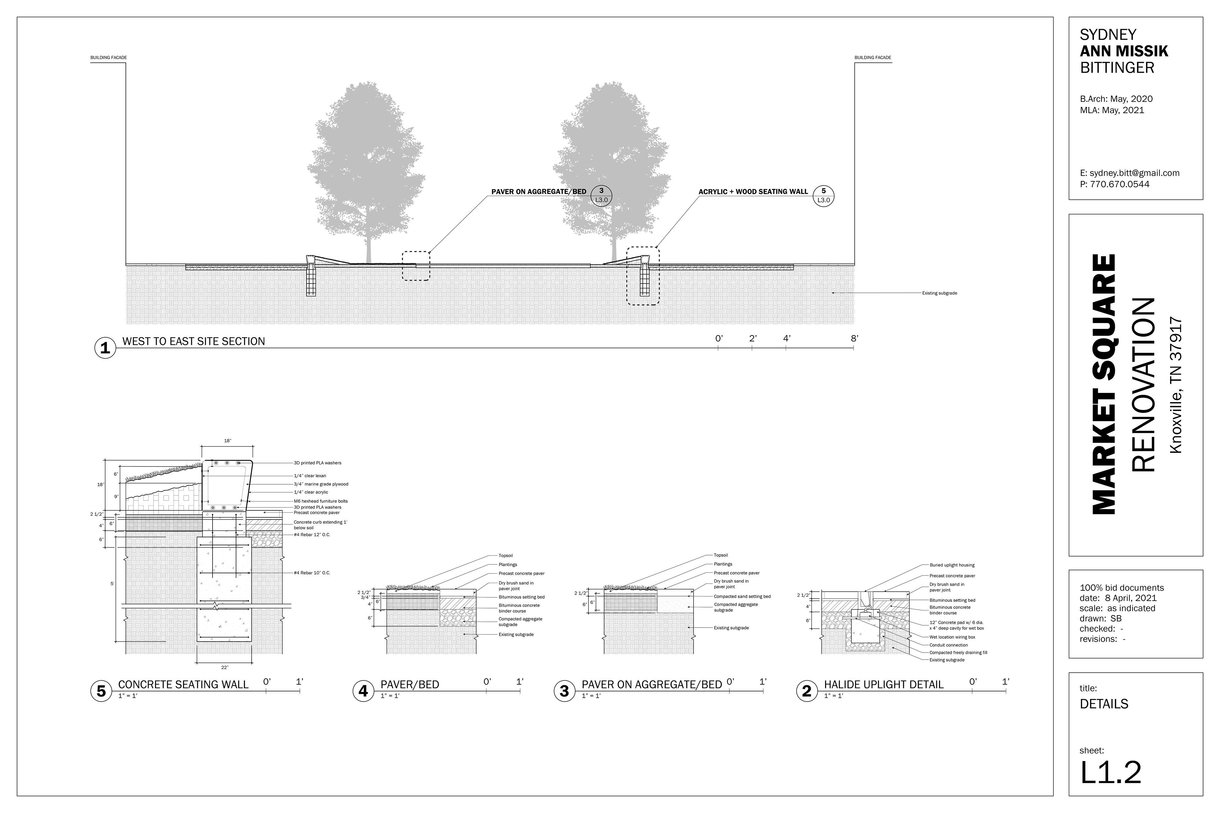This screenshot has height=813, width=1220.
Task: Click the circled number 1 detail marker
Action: coord(105,348)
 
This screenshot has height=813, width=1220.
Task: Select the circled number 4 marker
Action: coord(363,691)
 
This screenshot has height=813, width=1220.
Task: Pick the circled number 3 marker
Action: coord(564,691)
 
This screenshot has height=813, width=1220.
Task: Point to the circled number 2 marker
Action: coord(807,691)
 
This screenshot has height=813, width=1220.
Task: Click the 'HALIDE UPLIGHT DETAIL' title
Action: coord(883,684)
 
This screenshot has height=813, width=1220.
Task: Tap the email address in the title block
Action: coord(1129,173)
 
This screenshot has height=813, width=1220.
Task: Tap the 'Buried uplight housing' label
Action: coord(952,565)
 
